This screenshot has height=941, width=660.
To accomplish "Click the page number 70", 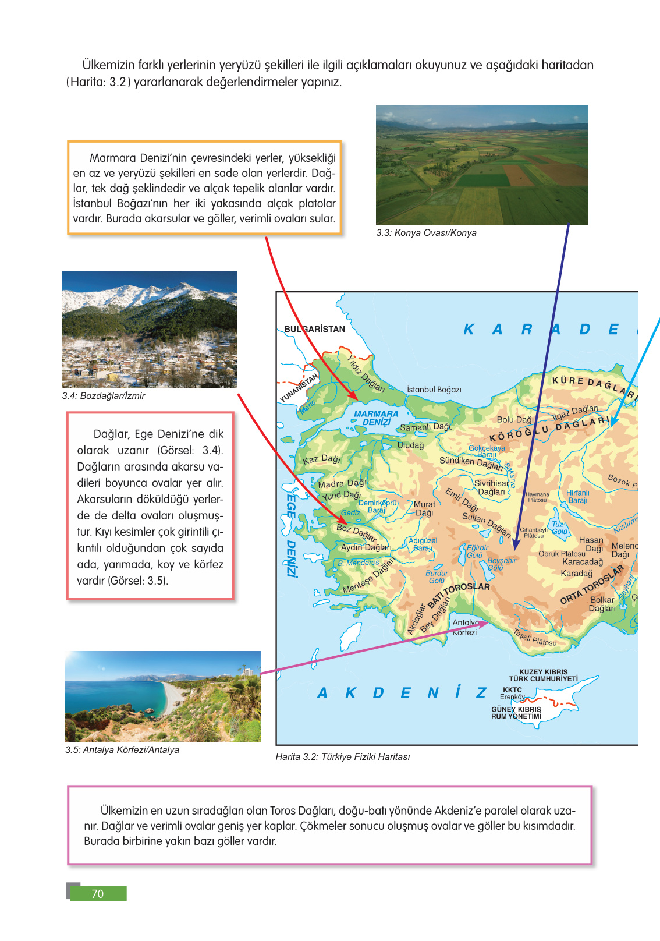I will [x=97, y=893].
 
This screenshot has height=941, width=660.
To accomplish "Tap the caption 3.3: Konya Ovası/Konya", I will [x=426, y=233].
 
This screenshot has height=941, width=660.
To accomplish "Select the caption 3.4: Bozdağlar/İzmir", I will [x=104, y=396].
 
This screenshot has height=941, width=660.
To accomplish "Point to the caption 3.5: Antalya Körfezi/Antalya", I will [x=122, y=750].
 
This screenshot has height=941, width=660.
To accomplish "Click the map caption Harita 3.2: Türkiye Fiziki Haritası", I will [x=342, y=757].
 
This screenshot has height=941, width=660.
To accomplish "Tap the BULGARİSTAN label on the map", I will [x=314, y=329].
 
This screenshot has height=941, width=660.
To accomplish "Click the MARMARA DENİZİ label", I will [x=376, y=418].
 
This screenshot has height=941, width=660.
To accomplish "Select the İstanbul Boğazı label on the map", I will [x=434, y=390].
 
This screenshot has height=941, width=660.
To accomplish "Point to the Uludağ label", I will [x=410, y=445].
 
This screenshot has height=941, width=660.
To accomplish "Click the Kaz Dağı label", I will [x=321, y=459].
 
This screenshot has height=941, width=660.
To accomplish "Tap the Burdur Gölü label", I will [x=437, y=576].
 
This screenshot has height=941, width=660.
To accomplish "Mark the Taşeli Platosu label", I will [x=535, y=638].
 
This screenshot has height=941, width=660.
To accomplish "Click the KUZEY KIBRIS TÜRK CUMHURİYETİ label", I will [x=543, y=675].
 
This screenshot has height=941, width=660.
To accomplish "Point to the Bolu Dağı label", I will [x=515, y=420].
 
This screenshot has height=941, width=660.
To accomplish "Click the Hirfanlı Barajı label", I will [x=577, y=497].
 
